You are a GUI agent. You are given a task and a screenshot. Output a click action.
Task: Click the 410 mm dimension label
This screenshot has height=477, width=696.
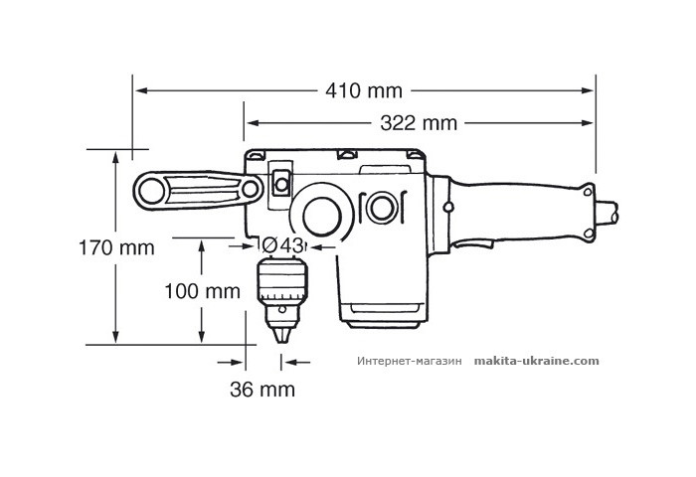364,91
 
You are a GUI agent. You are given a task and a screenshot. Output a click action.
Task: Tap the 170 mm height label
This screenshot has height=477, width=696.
116,247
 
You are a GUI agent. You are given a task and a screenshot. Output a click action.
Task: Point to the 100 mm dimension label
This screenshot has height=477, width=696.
203,291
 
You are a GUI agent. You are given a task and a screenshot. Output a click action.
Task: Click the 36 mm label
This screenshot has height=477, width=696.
262,390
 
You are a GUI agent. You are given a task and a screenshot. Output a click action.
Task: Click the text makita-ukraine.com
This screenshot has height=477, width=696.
537,361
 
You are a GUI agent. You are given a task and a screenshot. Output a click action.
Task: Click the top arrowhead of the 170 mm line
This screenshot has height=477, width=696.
116,157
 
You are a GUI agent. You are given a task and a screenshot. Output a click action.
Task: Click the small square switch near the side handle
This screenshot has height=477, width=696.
279,183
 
